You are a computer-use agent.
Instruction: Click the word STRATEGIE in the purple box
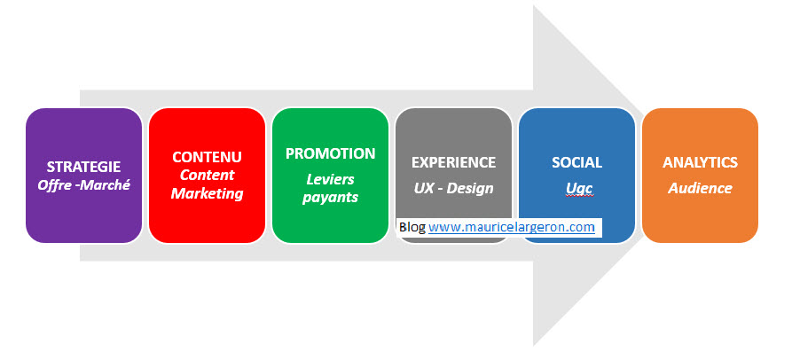coord(84,167)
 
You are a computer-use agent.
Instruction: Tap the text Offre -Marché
coord(84,185)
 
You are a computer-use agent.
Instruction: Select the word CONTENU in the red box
coord(208,157)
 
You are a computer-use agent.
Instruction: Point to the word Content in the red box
coord(208,176)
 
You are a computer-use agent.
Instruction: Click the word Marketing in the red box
coord(208,193)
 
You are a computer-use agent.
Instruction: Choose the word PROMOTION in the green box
coord(330,153)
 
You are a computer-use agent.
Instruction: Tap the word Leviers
coord(330,179)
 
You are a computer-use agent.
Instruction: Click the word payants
coord(330,198)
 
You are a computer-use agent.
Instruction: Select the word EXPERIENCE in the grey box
coord(453,162)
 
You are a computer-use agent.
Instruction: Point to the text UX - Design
coord(453,188)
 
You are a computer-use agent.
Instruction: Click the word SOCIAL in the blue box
coord(576,162)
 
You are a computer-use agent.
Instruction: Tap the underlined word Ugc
coord(579,188)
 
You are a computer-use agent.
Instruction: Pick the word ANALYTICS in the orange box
coord(700,162)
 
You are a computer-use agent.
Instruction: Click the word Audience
coord(700,188)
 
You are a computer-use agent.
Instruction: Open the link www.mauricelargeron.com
coord(512,227)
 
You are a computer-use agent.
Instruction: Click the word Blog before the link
coord(412,227)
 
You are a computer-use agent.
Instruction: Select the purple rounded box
coord(84,176)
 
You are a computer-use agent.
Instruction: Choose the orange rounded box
coord(700,176)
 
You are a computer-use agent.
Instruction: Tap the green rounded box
coord(330,176)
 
